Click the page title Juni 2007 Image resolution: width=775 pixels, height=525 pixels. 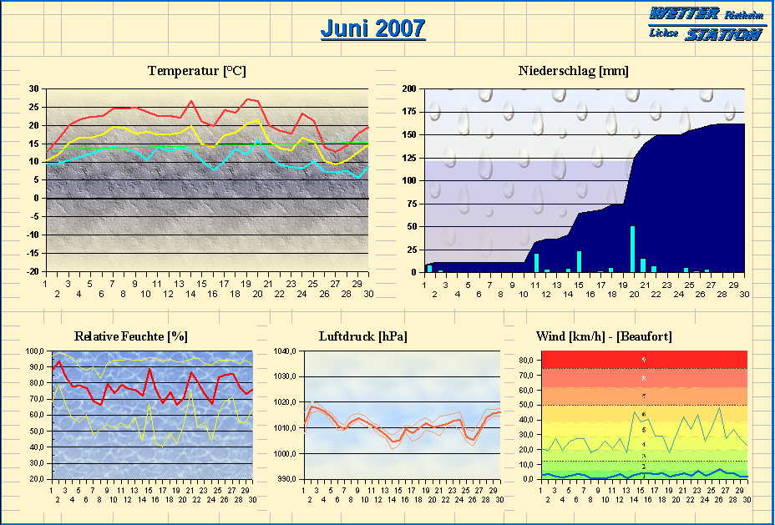[x=372, y=29]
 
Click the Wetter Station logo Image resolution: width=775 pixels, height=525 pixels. [x=706, y=23]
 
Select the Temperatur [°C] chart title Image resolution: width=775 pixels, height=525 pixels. [x=197, y=71]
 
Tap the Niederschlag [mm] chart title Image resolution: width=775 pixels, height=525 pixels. [x=573, y=71]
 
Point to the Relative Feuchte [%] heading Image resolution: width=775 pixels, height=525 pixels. [x=131, y=336]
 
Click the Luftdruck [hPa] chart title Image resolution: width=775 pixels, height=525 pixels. [x=362, y=336]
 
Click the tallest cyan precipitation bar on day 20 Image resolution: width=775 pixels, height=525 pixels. [x=632, y=249]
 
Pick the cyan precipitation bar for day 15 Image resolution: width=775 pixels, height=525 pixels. [x=579, y=261]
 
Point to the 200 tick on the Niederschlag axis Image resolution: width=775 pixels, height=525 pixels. [x=409, y=88]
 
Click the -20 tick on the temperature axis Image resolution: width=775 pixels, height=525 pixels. [x=33, y=272]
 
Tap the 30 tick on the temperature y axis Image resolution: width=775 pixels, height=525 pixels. [x=34, y=88]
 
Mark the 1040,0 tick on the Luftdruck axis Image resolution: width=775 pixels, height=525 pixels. [x=285, y=351]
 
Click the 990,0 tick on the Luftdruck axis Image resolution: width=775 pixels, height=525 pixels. [x=286, y=480]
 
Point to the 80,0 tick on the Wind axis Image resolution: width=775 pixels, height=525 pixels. [x=528, y=361]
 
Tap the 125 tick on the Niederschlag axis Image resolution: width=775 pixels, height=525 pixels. [x=409, y=158]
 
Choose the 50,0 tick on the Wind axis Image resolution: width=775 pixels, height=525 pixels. [x=528, y=406]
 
